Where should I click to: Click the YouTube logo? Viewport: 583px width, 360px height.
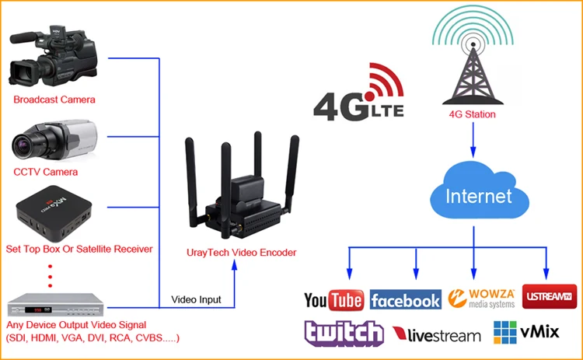[x=333, y=300]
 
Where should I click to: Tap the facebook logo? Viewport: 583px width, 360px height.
[x=406, y=299]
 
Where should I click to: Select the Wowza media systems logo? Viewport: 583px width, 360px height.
[x=481, y=299]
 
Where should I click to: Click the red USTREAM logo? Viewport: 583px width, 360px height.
[x=550, y=296]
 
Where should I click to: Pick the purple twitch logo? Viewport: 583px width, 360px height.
[x=344, y=333]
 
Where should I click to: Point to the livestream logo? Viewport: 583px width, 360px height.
[x=437, y=334]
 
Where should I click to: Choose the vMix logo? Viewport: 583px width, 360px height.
[x=526, y=332]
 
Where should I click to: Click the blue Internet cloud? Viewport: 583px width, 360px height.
[x=480, y=192]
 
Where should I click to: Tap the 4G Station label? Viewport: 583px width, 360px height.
[x=472, y=114]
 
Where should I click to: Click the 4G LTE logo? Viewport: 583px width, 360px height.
[x=359, y=93]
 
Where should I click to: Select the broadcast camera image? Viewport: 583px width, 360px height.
[x=54, y=56]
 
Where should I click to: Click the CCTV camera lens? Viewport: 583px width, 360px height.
[x=23, y=145]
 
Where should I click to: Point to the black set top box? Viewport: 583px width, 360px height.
[x=54, y=214]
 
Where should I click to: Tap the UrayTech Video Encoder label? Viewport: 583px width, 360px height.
[x=241, y=253]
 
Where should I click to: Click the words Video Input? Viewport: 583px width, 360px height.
[x=196, y=299]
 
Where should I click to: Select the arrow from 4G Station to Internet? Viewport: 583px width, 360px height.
[x=473, y=140]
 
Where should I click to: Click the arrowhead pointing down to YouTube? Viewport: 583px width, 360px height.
[x=349, y=274]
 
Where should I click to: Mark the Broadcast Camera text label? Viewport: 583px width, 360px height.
[x=54, y=100]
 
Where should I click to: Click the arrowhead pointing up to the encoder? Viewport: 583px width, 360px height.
[x=234, y=265]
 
